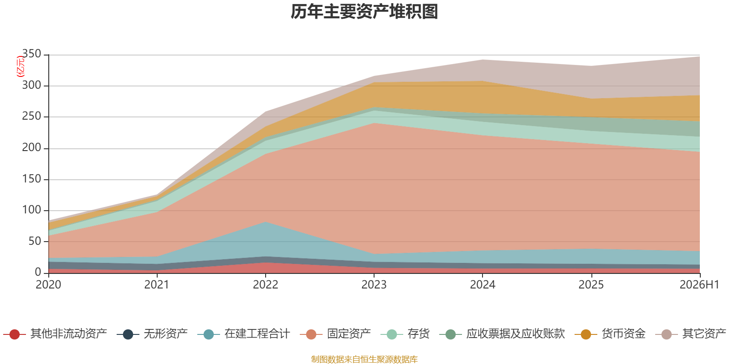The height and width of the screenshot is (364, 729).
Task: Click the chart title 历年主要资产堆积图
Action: click(364, 12)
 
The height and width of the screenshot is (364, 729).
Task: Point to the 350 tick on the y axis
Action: click(31, 54)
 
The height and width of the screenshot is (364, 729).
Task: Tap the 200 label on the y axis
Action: click(31, 148)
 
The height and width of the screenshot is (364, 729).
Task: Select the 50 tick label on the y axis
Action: click(35, 242)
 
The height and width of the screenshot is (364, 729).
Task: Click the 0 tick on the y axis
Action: click(38, 273)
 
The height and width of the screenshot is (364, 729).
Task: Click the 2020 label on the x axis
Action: click(48, 285)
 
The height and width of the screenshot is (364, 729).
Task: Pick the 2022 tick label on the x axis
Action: click(266, 285)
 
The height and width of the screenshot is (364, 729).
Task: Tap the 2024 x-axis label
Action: click(483, 285)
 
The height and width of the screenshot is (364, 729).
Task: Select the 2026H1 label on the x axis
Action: click(699, 285)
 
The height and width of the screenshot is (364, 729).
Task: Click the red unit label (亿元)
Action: click(21, 66)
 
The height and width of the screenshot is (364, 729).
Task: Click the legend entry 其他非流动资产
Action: click(55, 334)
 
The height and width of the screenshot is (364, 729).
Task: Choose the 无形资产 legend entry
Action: click(152, 334)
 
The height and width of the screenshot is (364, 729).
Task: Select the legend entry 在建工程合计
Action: click(244, 334)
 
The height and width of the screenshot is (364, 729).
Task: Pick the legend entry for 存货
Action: click(405, 334)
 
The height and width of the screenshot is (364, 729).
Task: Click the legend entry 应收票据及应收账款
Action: click(502, 334)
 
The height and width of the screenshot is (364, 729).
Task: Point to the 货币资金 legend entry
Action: click(610, 334)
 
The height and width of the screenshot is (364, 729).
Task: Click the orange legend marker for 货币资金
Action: click(586, 334)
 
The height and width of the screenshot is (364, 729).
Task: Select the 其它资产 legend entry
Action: click(691, 334)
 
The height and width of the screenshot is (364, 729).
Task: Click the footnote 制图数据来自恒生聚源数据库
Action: click(364, 359)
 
